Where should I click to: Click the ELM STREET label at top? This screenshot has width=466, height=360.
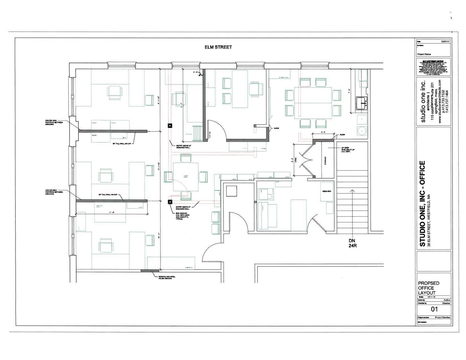(218, 47)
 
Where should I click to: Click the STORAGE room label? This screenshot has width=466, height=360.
(325, 160)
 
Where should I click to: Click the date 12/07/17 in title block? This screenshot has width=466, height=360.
(445, 42)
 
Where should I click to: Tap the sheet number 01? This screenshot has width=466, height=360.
(434, 309)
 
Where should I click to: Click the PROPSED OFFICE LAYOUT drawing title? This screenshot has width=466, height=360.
(428, 288)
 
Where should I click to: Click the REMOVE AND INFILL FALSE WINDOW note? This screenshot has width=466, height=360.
(167, 278)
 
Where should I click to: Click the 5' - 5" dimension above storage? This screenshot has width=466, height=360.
(323, 132)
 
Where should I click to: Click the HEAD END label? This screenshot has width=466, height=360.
(326, 191)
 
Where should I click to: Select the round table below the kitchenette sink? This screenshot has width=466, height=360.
(362, 131)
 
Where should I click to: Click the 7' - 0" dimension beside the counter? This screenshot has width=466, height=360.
(349, 91)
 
